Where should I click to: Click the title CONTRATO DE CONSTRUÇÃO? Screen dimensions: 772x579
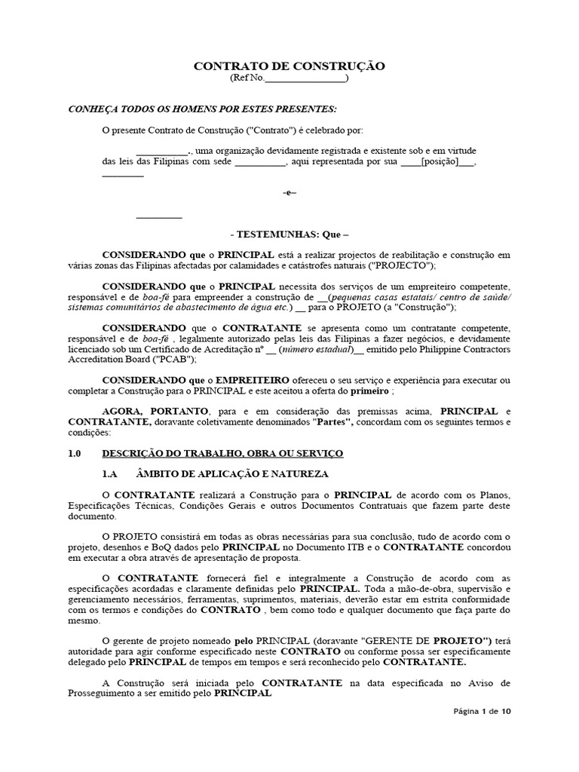[x=289, y=66]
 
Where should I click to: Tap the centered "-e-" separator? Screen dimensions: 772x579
[x=289, y=193]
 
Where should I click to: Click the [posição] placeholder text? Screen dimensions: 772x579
[x=438, y=162]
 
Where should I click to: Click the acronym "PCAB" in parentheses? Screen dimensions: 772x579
[x=176, y=361]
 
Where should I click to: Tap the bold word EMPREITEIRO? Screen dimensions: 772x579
[x=254, y=379]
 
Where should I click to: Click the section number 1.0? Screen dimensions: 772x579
[x=76, y=453]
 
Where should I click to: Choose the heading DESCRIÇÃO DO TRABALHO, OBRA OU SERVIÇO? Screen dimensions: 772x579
[x=222, y=453]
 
